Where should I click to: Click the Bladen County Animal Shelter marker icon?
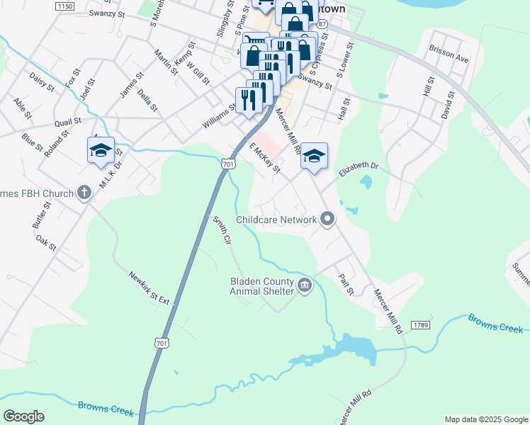coord(305,285)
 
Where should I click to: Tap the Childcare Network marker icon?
coord(327,220)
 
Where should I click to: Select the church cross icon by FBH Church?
coord(84,193)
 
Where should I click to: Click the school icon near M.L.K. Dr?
coord(101,150)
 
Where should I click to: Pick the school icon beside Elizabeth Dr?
coord(314,157)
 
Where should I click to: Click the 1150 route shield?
coord(64,6)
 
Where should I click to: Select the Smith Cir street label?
coord(222,230)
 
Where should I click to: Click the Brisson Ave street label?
coord(449,55)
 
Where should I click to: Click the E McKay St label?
coord(265,157)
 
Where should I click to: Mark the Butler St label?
coord(41,214)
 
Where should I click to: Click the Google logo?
coord(23,416)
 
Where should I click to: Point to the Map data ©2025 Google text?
coord(486,419)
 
